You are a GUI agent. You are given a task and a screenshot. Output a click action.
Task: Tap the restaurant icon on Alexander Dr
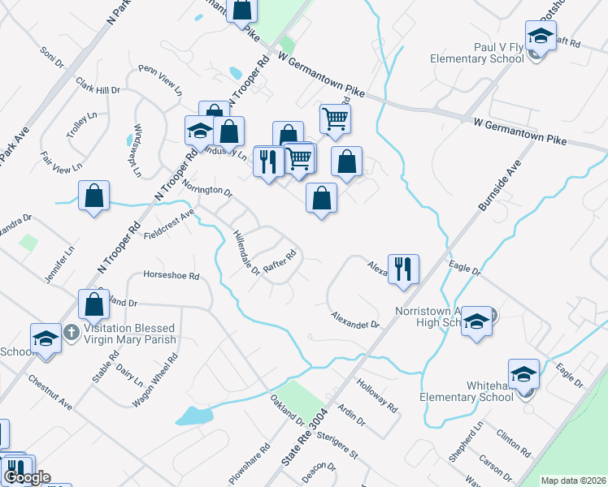[x=403, y=268]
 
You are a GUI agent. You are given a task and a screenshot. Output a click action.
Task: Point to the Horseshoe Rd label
[x=171, y=276]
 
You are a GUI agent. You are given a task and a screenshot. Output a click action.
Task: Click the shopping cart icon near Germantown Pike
[x=335, y=119]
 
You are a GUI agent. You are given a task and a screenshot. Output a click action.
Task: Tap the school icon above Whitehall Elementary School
[x=524, y=374]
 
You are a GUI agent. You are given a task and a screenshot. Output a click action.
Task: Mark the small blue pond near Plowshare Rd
[x=193, y=416]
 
